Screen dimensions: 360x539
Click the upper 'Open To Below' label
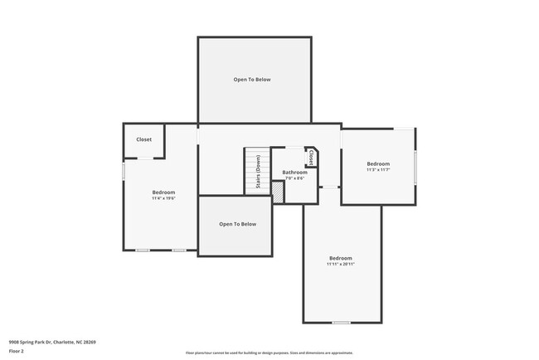tap(251, 80)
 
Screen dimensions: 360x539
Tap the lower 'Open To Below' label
tap(237, 224)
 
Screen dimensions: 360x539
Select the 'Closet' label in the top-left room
tap(143, 140)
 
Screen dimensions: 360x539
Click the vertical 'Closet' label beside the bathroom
tap(311, 157)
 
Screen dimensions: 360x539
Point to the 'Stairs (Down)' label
tap(259, 173)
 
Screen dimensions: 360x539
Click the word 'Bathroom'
tap(294, 172)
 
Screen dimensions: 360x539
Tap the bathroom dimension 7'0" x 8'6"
tap(294, 178)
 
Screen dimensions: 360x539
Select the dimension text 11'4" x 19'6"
tap(163, 198)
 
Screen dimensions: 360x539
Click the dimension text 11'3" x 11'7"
tap(378, 170)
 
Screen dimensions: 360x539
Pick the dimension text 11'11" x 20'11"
tap(341, 264)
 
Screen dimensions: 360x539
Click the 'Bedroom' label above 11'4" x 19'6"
tap(163, 192)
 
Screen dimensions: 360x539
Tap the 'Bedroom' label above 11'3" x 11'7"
tap(378, 163)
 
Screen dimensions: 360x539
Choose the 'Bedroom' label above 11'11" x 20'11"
tap(341, 257)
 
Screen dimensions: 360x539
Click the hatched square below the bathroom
tap(278, 191)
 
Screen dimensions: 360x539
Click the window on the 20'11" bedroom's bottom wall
tap(341, 322)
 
